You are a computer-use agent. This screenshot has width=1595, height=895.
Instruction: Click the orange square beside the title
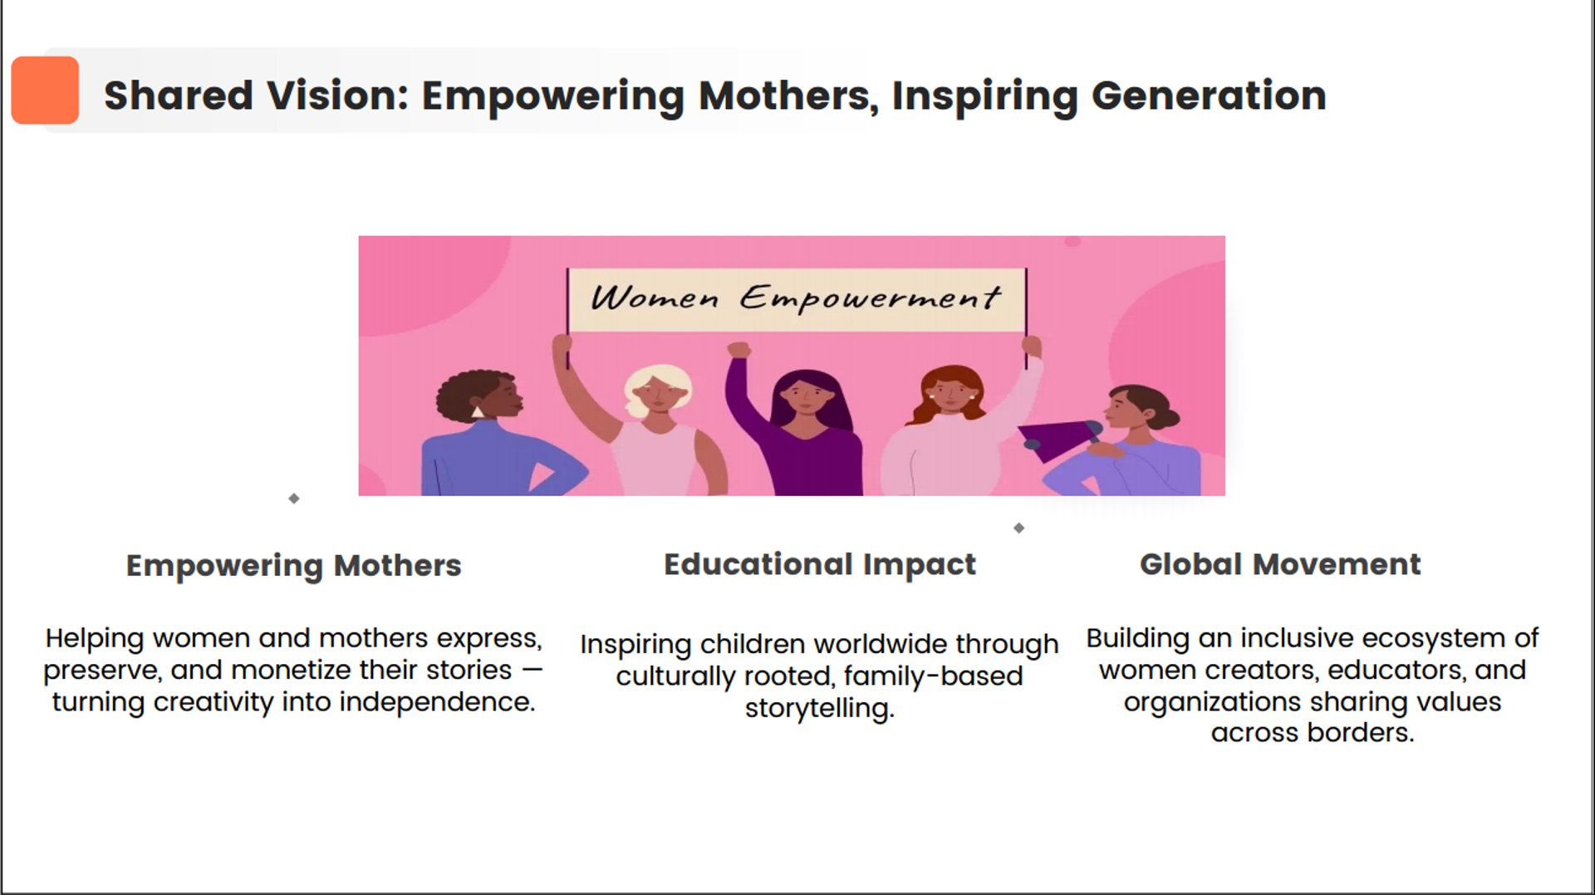point(45,90)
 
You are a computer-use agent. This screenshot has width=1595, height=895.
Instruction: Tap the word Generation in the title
point(1209,96)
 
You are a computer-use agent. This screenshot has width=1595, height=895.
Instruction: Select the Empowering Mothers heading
point(293,566)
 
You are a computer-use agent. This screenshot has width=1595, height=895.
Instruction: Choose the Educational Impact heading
point(819,564)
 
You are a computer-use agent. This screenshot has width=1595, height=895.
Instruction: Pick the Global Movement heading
point(1280,564)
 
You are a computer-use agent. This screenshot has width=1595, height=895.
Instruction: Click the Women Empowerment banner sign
point(797,299)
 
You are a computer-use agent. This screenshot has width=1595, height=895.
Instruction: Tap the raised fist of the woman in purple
point(739,350)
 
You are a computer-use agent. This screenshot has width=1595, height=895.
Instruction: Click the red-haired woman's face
point(950,393)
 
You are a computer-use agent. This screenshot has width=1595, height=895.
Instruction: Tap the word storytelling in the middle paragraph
point(819,709)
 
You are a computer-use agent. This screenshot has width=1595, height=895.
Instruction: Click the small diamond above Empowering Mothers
point(294,499)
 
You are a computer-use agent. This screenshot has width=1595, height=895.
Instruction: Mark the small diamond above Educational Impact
point(1019,528)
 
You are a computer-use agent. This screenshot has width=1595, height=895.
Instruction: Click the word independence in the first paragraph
point(436,702)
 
